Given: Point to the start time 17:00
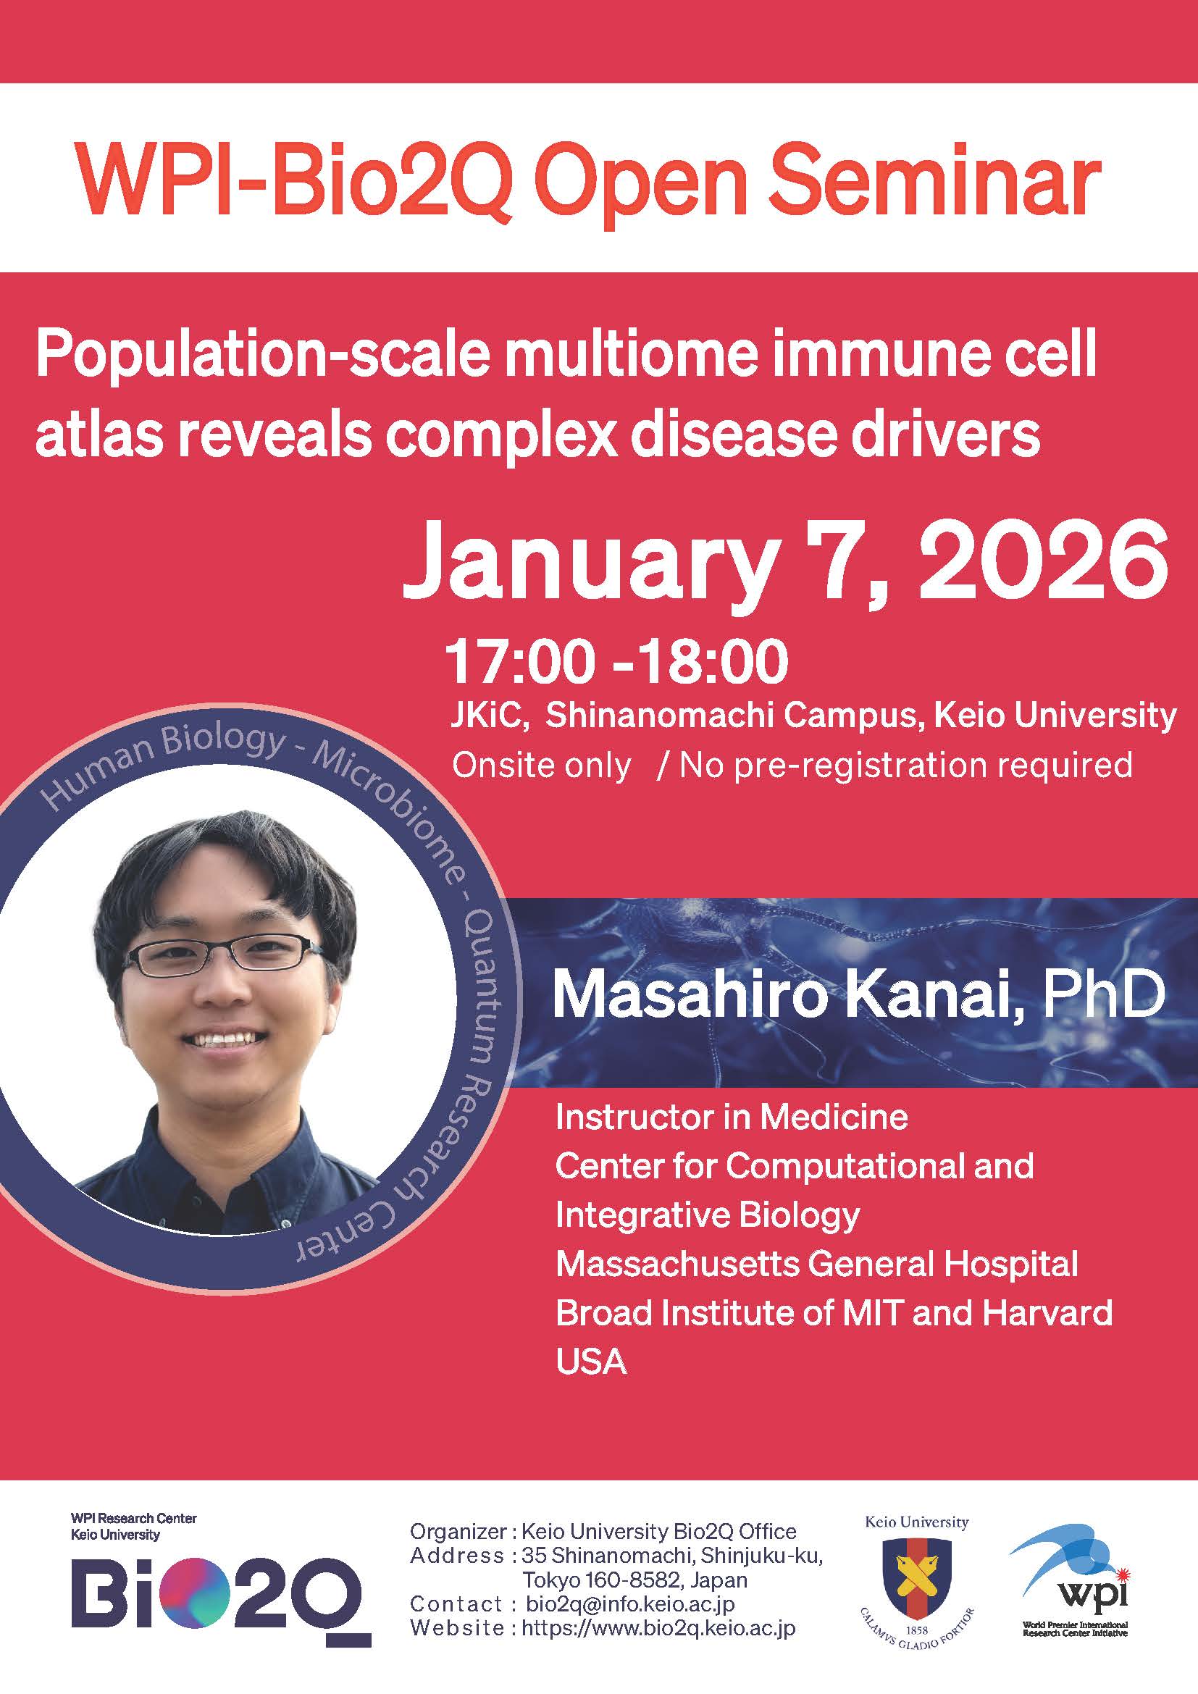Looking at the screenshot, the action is point(520,662).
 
